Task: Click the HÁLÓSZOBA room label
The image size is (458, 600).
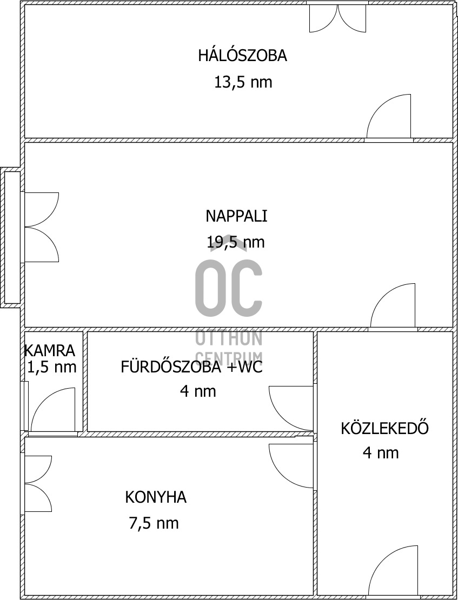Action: pos(242,56)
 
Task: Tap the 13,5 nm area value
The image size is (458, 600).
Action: pos(243,83)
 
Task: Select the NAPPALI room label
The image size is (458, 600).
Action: pos(236,216)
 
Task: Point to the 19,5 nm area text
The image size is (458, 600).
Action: pos(236,242)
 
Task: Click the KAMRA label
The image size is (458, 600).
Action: pos(50,350)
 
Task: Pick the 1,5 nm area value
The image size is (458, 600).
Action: pos(51,368)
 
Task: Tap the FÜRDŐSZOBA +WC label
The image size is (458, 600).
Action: pos(191,368)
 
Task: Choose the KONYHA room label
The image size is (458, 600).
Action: pos(156,497)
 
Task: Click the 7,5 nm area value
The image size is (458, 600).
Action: pos(154,523)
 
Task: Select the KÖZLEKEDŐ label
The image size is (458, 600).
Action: pos(384,428)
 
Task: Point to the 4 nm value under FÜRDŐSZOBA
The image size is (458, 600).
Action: pos(198,391)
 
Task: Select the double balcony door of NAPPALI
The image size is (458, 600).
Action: pos(40,227)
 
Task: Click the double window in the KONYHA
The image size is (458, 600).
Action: pos(37,484)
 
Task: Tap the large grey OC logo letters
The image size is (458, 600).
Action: pos(229,288)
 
